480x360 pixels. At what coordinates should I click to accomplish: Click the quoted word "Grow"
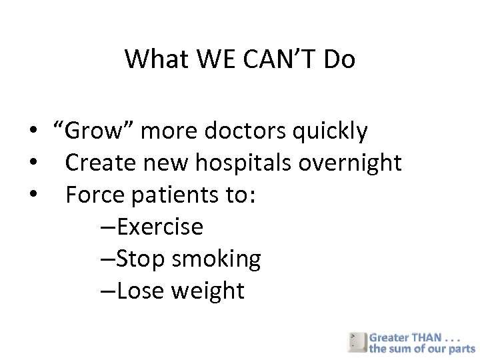pos(93,131)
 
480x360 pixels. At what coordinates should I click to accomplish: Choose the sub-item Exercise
pos(159,227)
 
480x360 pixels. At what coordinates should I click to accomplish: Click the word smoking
pos(217,259)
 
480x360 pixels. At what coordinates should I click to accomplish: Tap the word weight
pos(208,291)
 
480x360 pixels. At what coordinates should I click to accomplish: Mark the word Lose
pos(141,291)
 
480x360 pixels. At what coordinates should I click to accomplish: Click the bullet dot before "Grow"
pos(32,132)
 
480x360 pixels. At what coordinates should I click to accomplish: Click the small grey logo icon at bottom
pos(357,342)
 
